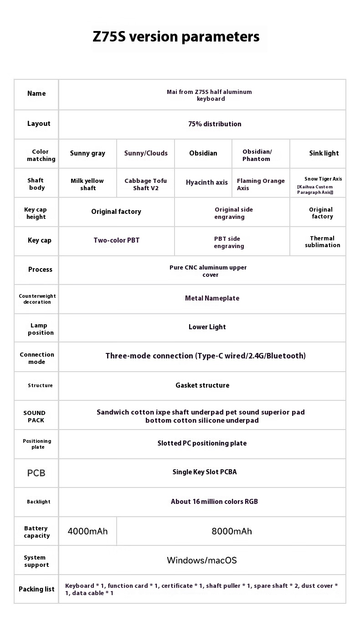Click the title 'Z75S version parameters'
coord(176,37)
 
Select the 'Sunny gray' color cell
coord(87,154)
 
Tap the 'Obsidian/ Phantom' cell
coord(257,156)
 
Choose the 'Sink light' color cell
coord(324,154)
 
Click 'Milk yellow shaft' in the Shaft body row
coord(87,185)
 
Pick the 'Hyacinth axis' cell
coord(206,183)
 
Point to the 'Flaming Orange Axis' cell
coord(260,185)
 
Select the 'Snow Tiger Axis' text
coord(323,179)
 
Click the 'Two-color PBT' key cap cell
coord(116,241)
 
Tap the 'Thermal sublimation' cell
coord(322,242)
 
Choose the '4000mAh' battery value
coord(87,531)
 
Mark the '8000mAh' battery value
coord(231,531)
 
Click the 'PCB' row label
coord(36,473)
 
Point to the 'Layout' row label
coord(39,124)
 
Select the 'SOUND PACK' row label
coord(35,416)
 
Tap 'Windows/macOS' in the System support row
coord(202,560)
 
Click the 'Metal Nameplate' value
coord(212,298)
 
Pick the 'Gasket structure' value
coord(202,385)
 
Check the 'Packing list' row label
coord(36,589)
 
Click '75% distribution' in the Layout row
coord(215,124)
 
